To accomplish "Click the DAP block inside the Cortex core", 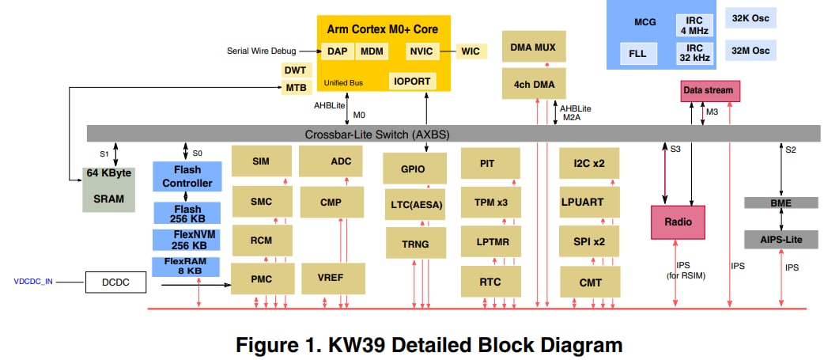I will pyautogui.click(x=336, y=51).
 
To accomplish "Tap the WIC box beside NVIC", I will pyautogui.click(x=471, y=51).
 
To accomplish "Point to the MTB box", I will pyautogui.click(x=295, y=87).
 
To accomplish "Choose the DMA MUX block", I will pyautogui.click(x=533, y=47).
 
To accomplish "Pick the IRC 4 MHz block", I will pyautogui.click(x=693, y=25).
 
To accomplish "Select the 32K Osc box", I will pyautogui.click(x=750, y=19).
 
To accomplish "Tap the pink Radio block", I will pyautogui.click(x=678, y=222).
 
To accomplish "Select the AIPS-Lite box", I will pyautogui.click(x=781, y=238).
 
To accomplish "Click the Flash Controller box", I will pyautogui.click(x=187, y=176).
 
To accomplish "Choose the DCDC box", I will pyautogui.click(x=115, y=281).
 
